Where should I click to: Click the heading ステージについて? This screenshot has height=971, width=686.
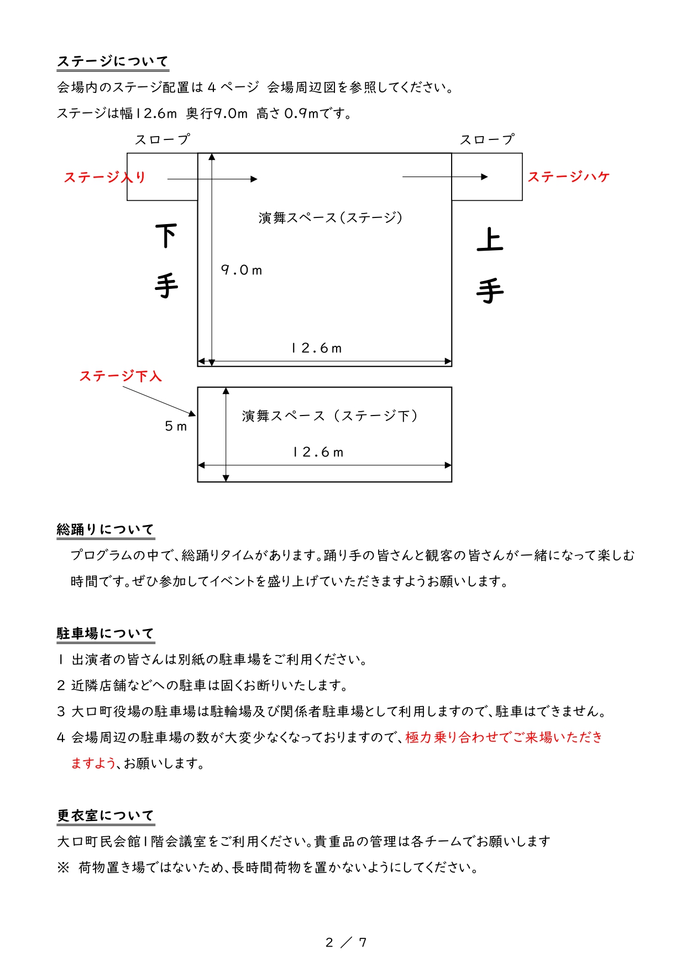(113, 61)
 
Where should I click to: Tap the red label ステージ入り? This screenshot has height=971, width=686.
(104, 177)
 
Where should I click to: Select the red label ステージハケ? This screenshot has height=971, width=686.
(568, 176)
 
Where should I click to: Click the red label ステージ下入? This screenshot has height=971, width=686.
(121, 376)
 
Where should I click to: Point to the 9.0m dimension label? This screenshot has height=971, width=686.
(242, 270)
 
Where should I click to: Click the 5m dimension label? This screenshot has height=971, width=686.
(176, 426)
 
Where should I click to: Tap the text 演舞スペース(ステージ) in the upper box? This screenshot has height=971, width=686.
(330, 217)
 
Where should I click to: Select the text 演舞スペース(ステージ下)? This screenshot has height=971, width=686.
(329, 416)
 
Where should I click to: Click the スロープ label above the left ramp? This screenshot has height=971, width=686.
(163, 139)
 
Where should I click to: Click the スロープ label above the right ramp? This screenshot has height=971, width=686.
(487, 139)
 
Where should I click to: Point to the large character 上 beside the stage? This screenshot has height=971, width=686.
(490, 240)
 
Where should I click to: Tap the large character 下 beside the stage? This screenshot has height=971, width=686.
(166, 236)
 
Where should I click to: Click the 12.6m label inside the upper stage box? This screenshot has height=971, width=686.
(317, 348)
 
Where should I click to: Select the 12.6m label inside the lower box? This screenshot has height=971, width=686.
(318, 452)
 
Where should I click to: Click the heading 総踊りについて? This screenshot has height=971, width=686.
(106, 529)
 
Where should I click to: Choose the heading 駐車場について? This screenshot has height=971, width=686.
(106, 634)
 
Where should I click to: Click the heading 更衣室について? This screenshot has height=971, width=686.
(106, 816)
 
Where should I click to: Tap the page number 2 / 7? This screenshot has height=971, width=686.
(346, 942)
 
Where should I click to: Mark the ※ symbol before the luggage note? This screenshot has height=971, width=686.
(63, 867)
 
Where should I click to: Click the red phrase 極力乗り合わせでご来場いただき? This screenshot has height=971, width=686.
(504, 737)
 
